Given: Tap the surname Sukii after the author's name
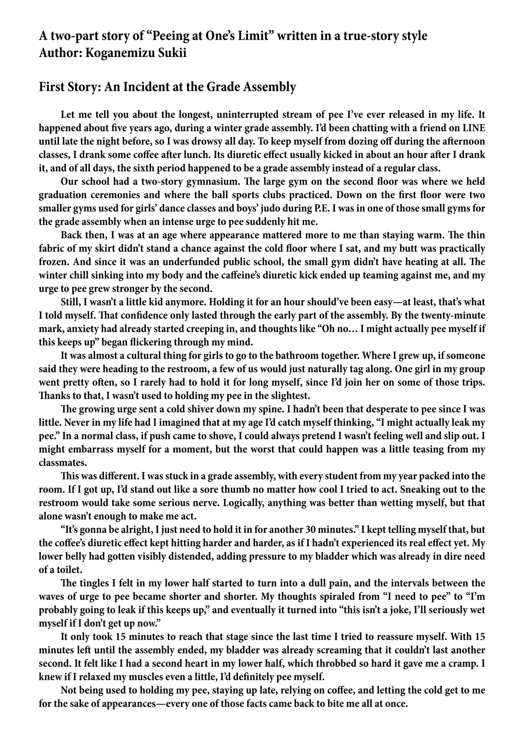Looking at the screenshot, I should tap(172, 54).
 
